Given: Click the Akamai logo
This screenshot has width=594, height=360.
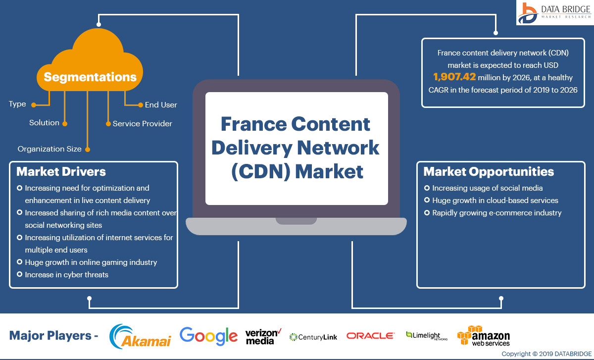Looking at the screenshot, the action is [x=140, y=336].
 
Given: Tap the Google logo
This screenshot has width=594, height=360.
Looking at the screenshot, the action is [x=208, y=336].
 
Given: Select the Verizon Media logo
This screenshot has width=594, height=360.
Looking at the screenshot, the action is [x=263, y=336].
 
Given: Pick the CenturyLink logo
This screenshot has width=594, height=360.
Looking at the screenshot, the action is [x=313, y=337].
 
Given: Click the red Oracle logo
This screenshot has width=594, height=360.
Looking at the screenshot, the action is [x=370, y=336].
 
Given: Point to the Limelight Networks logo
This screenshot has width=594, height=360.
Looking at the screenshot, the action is [x=427, y=336].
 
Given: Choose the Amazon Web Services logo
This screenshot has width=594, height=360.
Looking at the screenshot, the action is [x=484, y=336].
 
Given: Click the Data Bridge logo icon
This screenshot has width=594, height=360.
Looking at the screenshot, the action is [x=528, y=13].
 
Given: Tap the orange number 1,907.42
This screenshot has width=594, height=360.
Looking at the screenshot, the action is [x=454, y=77].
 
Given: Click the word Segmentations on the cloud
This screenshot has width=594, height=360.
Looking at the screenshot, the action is [x=90, y=77].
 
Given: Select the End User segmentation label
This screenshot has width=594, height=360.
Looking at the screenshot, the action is [x=161, y=105].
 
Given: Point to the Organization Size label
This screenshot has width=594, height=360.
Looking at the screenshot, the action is [x=49, y=149].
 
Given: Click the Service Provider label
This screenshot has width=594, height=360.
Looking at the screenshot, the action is [x=143, y=124].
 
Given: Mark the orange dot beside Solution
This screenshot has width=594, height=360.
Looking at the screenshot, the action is [x=65, y=124].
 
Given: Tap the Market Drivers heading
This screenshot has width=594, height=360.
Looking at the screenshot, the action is [x=61, y=172].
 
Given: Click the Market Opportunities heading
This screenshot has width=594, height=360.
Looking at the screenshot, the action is [x=489, y=172].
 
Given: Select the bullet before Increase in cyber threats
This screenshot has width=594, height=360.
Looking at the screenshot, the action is [x=19, y=274].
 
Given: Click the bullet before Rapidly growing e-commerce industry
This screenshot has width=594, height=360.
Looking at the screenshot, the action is [x=427, y=212].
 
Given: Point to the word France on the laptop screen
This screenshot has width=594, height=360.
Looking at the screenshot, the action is [x=254, y=124].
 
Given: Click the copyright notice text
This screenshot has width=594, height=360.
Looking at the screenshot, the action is [x=546, y=354].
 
